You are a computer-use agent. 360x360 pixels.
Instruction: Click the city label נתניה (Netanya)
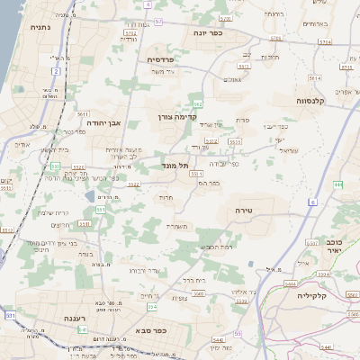click(x=40, y=28)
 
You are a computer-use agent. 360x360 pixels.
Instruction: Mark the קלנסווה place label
click(x=317, y=102)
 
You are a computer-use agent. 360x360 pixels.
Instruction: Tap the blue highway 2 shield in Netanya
click(x=56, y=71)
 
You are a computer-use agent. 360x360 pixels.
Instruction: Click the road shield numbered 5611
click(x=83, y=116)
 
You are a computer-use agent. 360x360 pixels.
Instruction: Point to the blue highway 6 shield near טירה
click(x=312, y=203)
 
